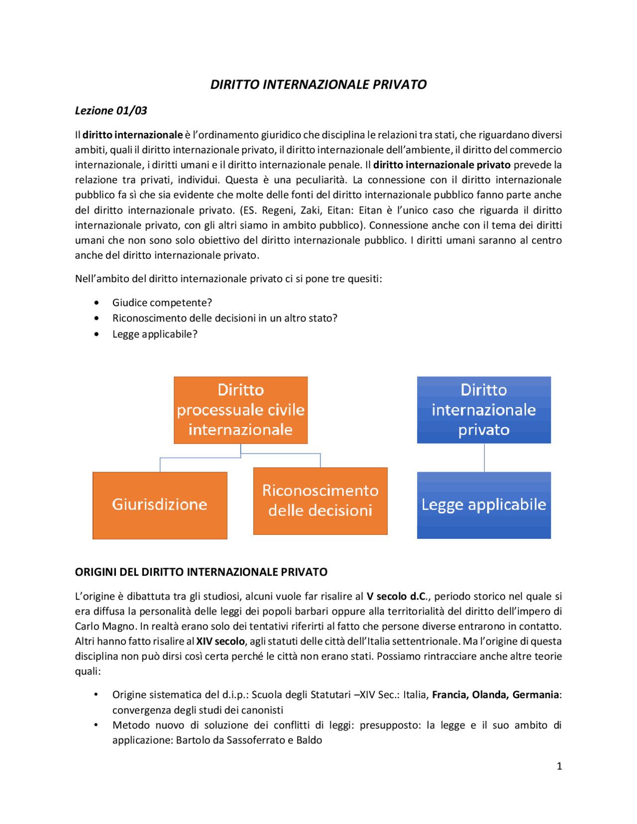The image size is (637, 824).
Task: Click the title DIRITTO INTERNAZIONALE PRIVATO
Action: tap(318, 85)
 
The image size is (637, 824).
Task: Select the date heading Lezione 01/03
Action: tap(111, 110)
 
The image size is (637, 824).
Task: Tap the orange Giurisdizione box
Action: tap(160, 505)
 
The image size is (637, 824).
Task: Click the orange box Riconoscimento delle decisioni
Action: tap(320, 501)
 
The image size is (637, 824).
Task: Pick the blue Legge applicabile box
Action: tap(483, 505)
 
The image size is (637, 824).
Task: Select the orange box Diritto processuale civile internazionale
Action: tap(240, 410)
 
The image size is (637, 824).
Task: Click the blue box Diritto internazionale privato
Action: tap(483, 410)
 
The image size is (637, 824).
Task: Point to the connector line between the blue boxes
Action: tap(484, 457)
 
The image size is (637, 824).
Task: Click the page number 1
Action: tap(559, 766)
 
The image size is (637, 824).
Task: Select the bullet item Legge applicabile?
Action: tap(154, 334)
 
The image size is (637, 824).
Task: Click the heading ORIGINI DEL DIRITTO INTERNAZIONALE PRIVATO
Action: tap(201, 572)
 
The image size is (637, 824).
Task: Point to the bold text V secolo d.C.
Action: tap(396, 596)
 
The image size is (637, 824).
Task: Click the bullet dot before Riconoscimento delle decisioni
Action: tap(96, 318)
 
